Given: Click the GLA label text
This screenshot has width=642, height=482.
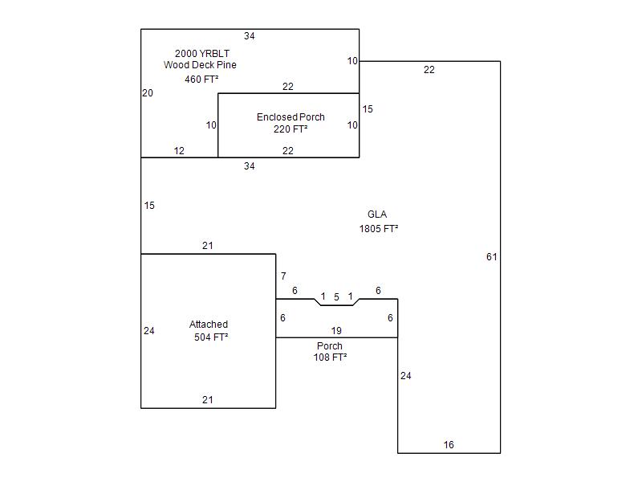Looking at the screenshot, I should [377, 214].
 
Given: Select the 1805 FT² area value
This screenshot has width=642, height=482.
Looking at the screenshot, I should [379, 229].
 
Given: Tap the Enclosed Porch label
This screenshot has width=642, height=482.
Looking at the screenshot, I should [291, 117].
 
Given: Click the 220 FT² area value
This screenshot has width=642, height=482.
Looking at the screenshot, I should [291, 129].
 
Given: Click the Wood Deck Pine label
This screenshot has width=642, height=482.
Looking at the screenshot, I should [200, 65].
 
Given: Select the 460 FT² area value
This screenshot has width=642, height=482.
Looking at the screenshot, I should [201, 80].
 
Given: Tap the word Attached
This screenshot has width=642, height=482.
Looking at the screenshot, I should [209, 325].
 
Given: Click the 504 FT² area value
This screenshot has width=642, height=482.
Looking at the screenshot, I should [211, 337].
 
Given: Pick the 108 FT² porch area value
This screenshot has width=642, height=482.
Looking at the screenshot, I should [330, 357].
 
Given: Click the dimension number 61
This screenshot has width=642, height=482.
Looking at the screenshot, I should [492, 257].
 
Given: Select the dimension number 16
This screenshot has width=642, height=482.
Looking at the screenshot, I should [449, 445].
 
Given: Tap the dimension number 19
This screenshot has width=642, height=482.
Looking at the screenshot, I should [337, 331].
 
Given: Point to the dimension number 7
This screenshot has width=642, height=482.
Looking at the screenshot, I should [283, 277].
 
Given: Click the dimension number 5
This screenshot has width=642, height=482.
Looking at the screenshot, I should [337, 297].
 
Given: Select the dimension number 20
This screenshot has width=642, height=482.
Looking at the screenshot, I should [148, 93].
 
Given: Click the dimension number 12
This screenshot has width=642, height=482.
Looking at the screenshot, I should [179, 151].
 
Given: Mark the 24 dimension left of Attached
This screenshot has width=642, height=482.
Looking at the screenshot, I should [149, 331].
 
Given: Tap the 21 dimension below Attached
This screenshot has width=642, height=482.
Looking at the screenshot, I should [208, 400].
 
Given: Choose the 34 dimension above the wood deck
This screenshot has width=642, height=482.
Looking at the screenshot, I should [250, 36].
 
